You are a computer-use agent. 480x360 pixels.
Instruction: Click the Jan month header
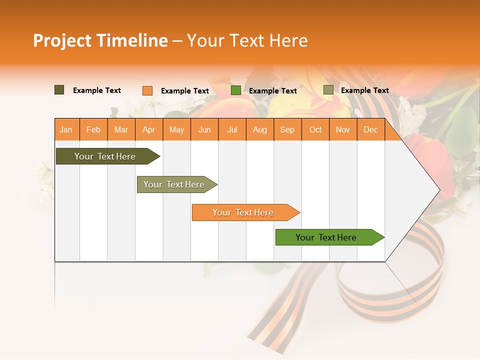click(66, 129)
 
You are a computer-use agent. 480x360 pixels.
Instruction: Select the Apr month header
click(149, 129)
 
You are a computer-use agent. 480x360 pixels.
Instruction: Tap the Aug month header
click(260, 129)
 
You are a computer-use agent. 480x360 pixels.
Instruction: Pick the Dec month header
click(370, 129)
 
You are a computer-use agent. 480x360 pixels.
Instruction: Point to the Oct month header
click(315, 129)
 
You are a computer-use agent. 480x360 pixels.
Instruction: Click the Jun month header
click(204, 129)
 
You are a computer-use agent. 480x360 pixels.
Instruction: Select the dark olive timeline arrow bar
click(105, 156)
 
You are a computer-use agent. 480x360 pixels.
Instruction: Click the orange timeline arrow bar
click(243, 212)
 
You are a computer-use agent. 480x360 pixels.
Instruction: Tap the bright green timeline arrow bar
click(326, 237)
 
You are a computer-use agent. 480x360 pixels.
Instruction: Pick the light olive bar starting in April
click(174, 184)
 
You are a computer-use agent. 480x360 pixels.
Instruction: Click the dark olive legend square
click(59, 90)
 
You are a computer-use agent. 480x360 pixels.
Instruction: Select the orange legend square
click(147, 90)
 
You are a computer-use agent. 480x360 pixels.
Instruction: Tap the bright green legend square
click(235, 90)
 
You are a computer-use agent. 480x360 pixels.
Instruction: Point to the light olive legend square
click(328, 90)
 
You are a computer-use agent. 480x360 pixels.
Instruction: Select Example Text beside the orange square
click(184, 91)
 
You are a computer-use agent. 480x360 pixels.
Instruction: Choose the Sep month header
click(287, 129)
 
